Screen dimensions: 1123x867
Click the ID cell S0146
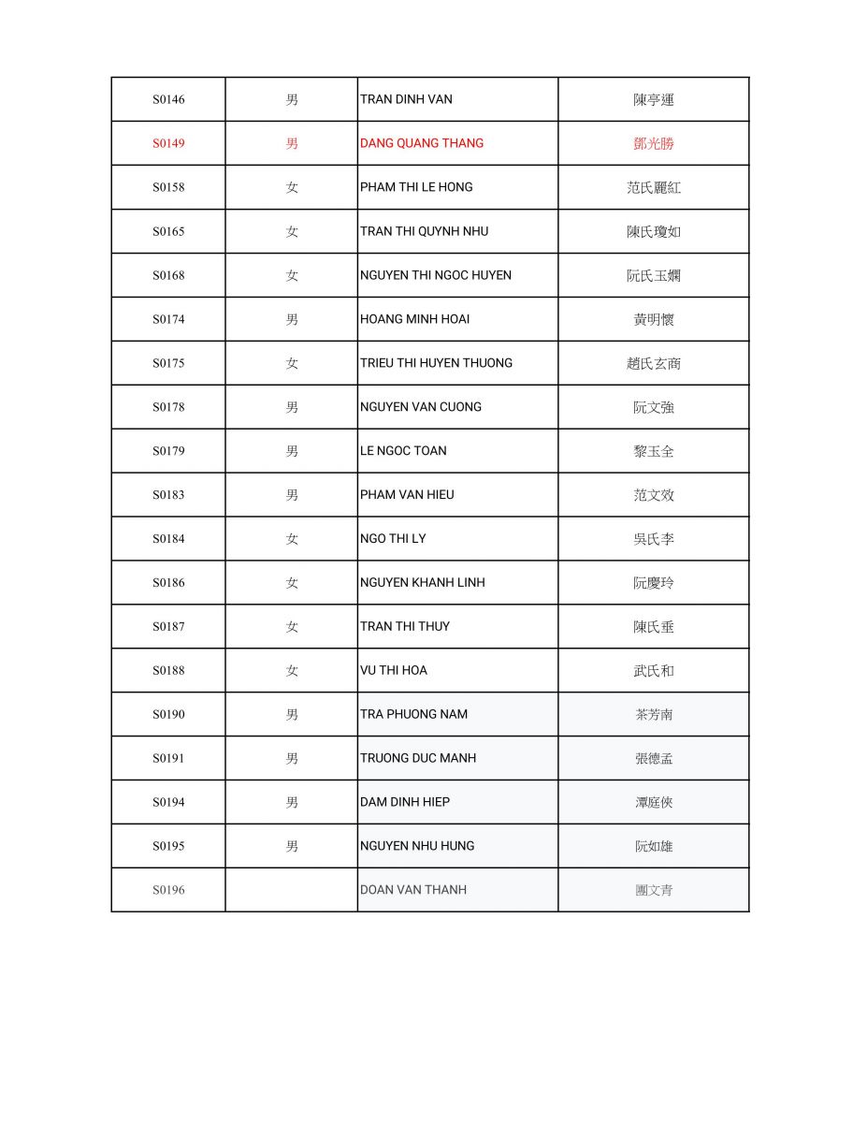(168, 99)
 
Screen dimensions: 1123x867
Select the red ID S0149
(168, 143)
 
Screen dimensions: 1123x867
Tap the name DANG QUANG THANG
(422, 143)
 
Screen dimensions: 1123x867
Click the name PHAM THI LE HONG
(416, 187)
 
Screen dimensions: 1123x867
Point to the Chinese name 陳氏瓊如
(654, 231)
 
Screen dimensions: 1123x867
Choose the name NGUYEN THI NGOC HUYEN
(436, 275)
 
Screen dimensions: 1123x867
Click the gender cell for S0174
(292, 319)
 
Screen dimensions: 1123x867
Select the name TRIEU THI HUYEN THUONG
(436, 363)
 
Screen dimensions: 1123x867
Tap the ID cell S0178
(168, 407)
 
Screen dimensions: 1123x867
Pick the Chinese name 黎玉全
(654, 451)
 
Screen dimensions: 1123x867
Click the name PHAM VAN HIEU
(407, 494)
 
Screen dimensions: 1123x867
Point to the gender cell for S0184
(292, 538)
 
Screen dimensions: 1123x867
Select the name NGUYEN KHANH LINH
(423, 582)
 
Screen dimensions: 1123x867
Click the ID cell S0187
(168, 626)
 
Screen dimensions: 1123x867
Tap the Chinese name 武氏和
(654, 670)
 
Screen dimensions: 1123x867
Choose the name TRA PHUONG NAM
(413, 714)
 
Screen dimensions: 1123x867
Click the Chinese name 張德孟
(654, 758)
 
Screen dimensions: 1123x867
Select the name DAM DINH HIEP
(405, 802)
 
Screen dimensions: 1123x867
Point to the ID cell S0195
(168, 846)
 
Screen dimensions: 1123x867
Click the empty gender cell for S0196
(292, 890)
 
